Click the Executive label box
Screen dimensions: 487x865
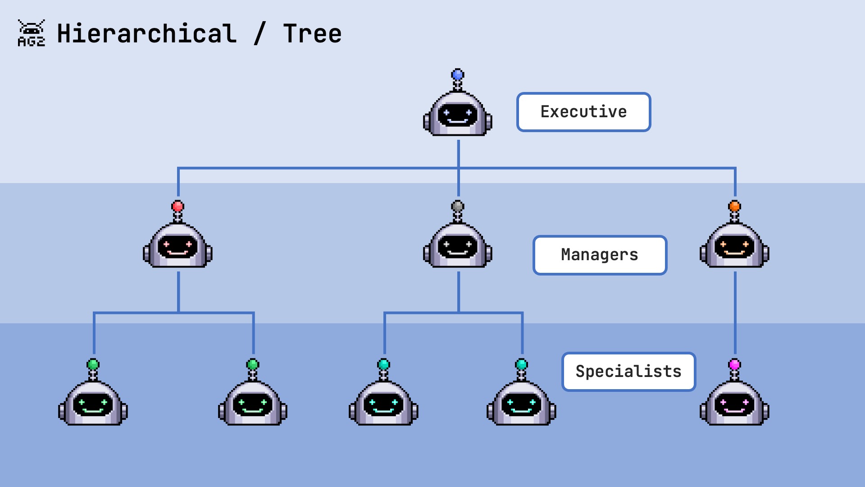[x=583, y=112]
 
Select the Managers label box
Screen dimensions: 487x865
[x=600, y=255]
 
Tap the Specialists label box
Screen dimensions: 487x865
[x=628, y=372]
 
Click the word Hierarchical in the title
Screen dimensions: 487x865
[x=146, y=34]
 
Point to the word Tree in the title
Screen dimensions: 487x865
[x=312, y=34]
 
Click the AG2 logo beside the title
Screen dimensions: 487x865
[x=31, y=33]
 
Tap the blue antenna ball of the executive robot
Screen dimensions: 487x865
[x=458, y=74]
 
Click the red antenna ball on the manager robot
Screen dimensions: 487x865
[x=178, y=207]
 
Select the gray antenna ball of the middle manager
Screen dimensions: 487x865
[x=458, y=207]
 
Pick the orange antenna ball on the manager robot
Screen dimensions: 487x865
[x=735, y=207]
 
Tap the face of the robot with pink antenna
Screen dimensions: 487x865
[x=735, y=404]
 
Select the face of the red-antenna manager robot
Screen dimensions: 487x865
[x=178, y=247]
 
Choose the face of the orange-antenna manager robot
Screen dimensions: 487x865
[x=735, y=247]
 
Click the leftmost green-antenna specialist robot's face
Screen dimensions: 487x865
[x=93, y=404]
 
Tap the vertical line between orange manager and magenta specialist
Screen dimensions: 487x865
[x=735, y=311]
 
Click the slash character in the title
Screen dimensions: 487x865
[x=259, y=34]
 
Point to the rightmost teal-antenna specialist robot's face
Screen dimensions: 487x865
[x=521, y=404]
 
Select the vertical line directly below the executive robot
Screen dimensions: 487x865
[x=459, y=153]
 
